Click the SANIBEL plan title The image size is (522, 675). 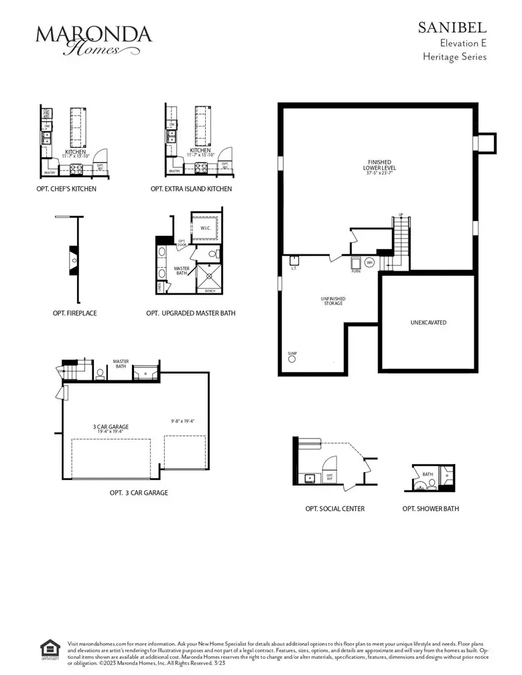(452, 27)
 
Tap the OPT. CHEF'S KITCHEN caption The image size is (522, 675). (66, 190)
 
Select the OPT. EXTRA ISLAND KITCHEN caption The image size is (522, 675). (192, 190)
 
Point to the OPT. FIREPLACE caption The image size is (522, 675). (74, 313)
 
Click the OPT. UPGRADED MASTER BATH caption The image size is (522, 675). (191, 313)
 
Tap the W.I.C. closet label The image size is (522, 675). (205, 228)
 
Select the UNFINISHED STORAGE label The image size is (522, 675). (333, 301)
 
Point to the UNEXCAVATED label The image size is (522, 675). (428, 323)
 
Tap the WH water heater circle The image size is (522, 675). (369, 262)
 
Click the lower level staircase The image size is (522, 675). (401, 241)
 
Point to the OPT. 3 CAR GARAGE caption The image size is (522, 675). (139, 493)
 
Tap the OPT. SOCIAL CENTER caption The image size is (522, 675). (335, 509)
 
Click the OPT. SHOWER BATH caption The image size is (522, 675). (431, 509)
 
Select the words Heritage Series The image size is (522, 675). (454, 57)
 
